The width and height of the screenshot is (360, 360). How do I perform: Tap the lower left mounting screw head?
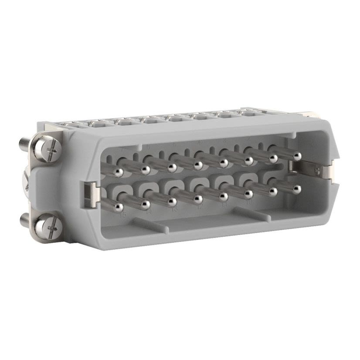[x=47, y=225]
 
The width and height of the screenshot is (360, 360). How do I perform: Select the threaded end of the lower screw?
[x=24, y=221]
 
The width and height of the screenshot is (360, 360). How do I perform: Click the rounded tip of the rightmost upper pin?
[x=297, y=156]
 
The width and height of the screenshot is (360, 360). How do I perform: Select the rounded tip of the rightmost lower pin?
[x=297, y=190]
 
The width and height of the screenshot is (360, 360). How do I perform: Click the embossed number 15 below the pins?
[x=123, y=215]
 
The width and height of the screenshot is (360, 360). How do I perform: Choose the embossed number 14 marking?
[x=149, y=212]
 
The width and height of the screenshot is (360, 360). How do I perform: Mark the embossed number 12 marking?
[x=200, y=207]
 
